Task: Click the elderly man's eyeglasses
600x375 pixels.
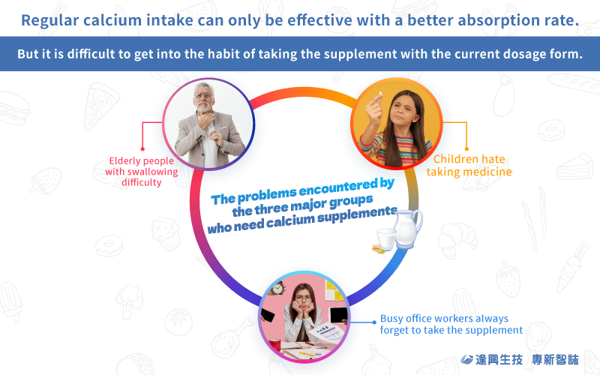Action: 202,95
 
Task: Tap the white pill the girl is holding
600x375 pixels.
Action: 380,94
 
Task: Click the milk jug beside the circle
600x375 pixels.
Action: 407,229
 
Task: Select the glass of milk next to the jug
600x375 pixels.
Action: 386,239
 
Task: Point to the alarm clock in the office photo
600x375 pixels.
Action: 278,288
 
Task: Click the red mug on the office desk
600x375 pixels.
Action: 274,345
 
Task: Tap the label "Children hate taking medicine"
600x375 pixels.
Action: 469,165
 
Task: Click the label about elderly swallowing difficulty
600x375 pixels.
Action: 142,172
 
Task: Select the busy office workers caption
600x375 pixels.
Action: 451,324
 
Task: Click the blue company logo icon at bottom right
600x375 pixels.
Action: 466,360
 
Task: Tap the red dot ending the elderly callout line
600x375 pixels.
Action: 142,148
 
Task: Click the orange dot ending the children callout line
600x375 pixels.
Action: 466,148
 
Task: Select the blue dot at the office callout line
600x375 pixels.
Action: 374,322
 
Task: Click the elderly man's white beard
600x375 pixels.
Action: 204,106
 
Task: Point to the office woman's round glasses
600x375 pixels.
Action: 303,298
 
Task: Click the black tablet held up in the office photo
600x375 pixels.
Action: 339,315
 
